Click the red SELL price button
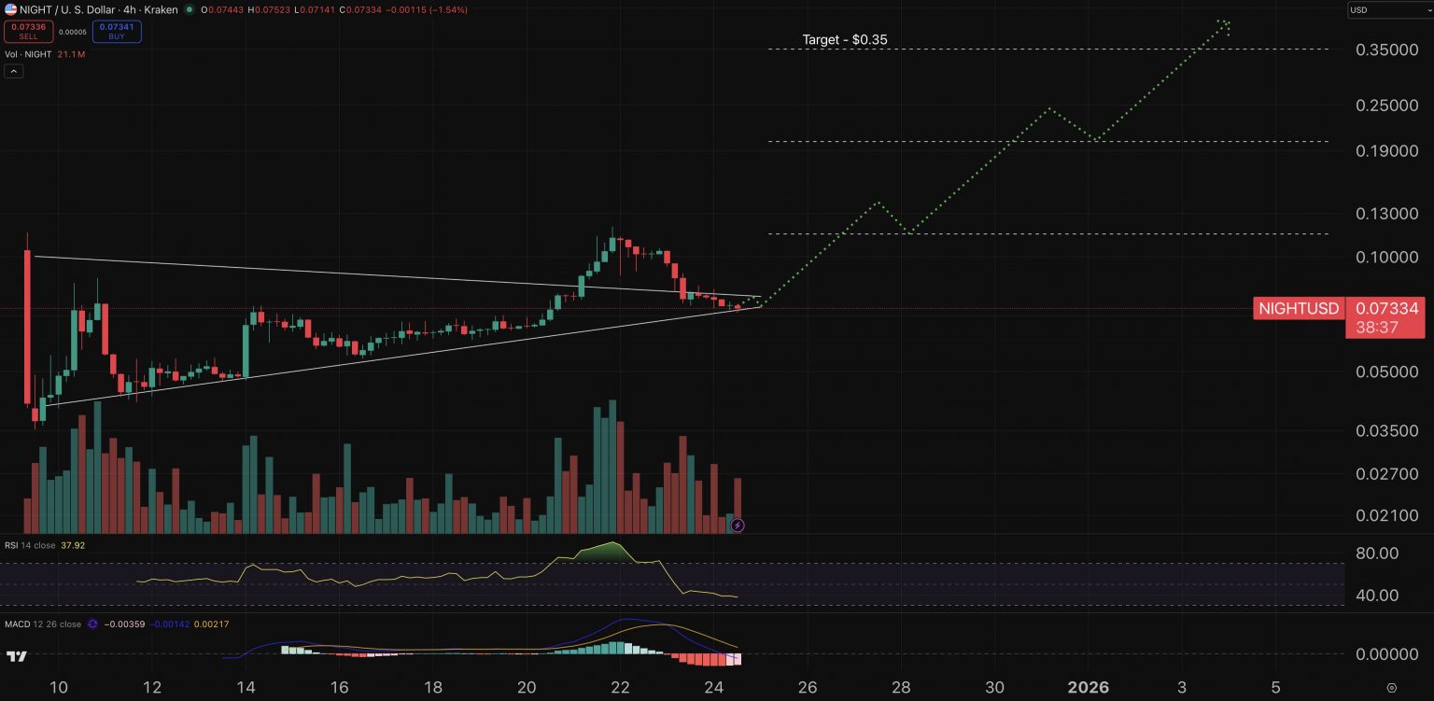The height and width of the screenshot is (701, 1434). tap(27, 31)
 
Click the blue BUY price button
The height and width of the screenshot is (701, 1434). tap(116, 31)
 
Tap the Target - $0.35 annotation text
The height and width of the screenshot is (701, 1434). tap(844, 40)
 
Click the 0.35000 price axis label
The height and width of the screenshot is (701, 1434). tap(1386, 49)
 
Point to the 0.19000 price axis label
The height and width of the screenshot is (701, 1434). tap(1386, 151)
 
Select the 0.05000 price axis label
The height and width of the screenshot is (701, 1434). tap(1386, 372)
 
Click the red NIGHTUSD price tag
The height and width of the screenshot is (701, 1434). tap(1299, 309)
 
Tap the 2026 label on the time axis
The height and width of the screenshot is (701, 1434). tap(1088, 688)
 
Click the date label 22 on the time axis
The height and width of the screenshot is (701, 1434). tap(620, 688)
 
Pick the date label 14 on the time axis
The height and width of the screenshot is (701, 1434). tap(246, 688)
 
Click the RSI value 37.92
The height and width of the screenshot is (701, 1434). tap(74, 544)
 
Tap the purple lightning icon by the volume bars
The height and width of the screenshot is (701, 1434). tap(738, 526)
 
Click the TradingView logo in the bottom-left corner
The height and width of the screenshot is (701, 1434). tap(16, 656)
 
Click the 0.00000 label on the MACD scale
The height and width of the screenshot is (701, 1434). tap(1386, 654)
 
